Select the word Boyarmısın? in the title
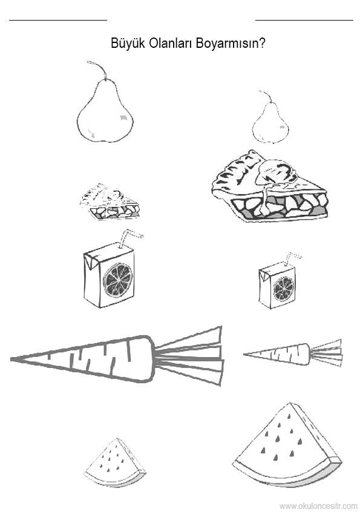[x=231, y=43]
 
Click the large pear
[x=105, y=110]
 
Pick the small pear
[x=270, y=122]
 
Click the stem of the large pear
[x=98, y=69]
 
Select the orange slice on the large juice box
[x=118, y=280]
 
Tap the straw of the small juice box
[x=292, y=258]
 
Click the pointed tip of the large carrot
[x=11, y=359]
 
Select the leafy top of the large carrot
[x=189, y=355]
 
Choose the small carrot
[x=293, y=353]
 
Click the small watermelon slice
[x=115, y=463]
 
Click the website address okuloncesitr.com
[x=318, y=506]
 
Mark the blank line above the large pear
[x=58, y=20]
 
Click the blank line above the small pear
[x=304, y=20]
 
